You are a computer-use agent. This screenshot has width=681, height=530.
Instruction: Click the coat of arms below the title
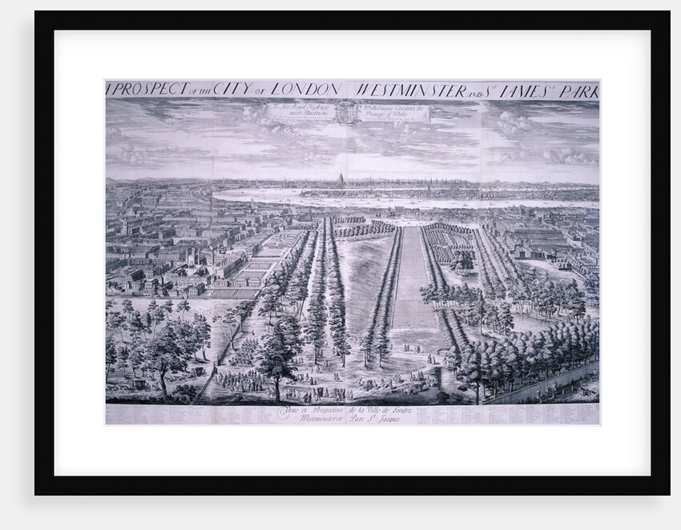(x=345, y=111)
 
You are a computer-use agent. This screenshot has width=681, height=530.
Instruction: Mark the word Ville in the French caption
(x=373, y=409)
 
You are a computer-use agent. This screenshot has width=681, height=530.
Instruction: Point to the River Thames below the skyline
(x=320, y=196)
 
